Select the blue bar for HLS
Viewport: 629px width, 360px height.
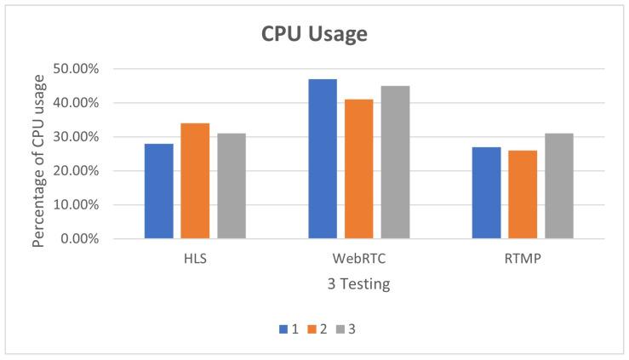pos(159,191)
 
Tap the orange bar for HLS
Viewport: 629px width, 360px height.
pos(195,180)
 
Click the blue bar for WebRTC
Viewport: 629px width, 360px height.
pos(323,158)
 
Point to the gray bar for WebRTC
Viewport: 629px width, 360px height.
pos(395,162)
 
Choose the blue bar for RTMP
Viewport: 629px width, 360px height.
pos(486,192)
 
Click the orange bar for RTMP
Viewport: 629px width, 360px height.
pos(523,194)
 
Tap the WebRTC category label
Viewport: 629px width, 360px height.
pos(358,260)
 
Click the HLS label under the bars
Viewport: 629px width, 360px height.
pos(195,260)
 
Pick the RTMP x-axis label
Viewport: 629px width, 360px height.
pos(523,260)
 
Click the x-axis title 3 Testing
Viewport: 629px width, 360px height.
pos(357,285)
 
